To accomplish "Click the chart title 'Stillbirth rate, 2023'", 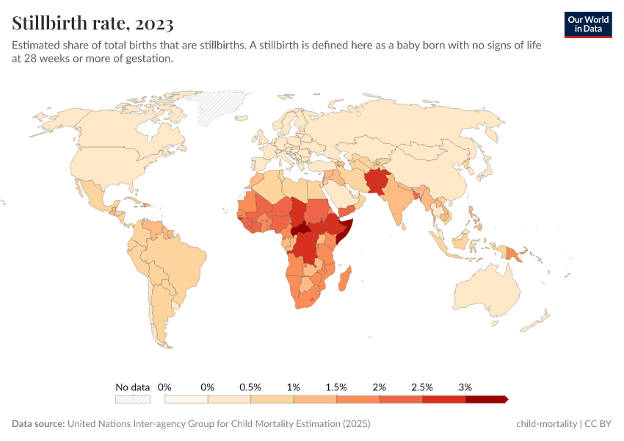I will point(92,24).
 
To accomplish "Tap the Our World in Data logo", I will point(587,24).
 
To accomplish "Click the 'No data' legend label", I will point(132,387).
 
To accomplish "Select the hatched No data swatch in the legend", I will point(132,399).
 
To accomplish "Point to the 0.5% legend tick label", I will point(250,387).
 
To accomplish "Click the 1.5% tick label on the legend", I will point(335,387).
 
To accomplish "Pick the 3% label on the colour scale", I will point(465,387).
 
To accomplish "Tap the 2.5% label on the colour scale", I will point(422,387).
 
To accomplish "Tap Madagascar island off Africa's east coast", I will point(345,283).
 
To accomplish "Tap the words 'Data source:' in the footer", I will point(38,424).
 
